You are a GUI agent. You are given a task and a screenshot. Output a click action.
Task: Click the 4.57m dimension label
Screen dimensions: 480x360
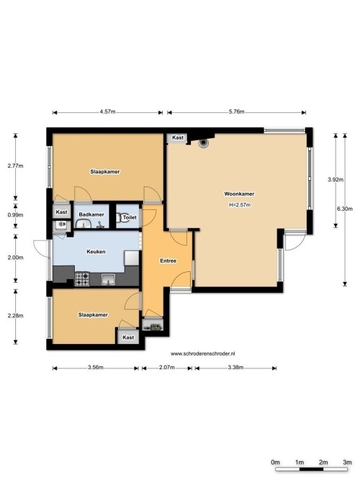point(108,112)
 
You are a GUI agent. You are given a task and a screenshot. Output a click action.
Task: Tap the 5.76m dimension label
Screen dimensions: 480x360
point(236,112)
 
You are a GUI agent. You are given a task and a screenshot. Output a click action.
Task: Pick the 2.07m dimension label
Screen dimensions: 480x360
point(166,367)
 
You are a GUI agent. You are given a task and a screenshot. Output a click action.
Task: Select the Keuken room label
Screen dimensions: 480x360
point(96,252)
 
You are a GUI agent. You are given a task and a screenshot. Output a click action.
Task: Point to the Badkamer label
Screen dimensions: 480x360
point(91,215)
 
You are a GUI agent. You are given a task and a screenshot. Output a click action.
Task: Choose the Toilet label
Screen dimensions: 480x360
point(130,217)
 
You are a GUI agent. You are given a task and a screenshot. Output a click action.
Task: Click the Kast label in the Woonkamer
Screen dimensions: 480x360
point(177,137)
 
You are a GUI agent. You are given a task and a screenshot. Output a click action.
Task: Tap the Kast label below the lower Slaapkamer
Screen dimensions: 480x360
point(128,338)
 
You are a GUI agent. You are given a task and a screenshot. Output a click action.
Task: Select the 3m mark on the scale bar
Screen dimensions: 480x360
point(347,461)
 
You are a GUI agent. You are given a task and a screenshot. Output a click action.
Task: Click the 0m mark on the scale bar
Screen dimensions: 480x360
point(275,461)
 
